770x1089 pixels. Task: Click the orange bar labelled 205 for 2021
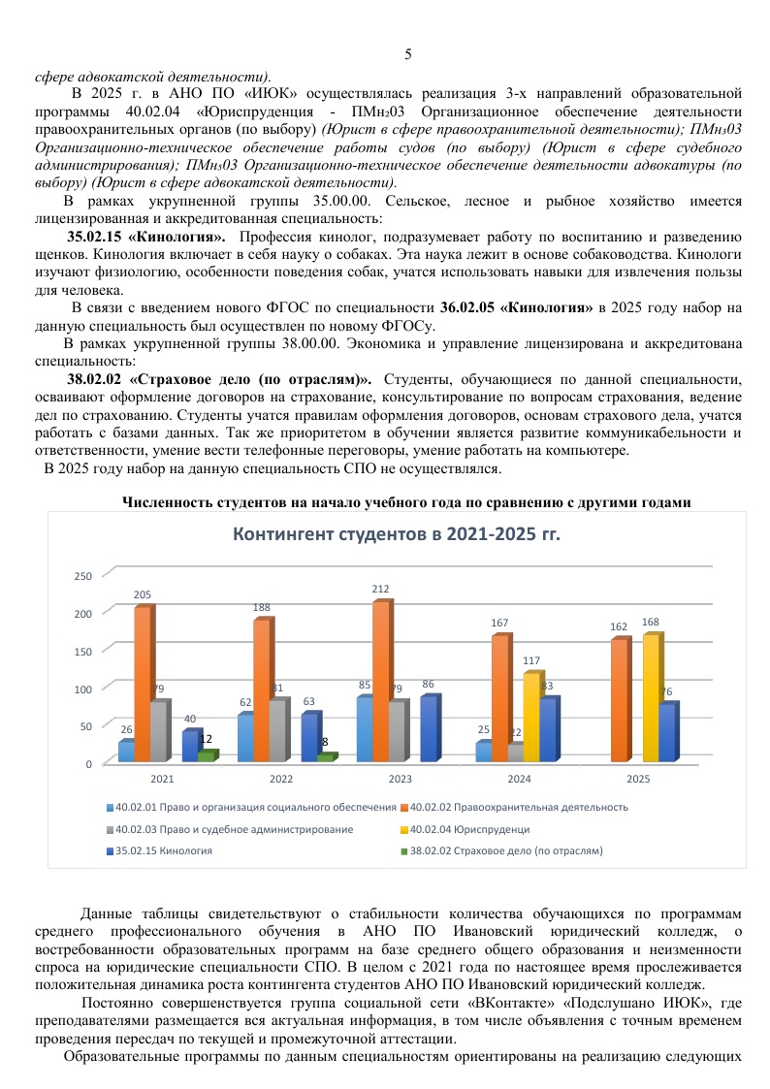coord(142,684)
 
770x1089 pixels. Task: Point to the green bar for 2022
coord(325,757)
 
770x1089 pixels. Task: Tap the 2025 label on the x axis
coord(638,779)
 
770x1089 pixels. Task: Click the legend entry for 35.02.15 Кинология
coord(160,850)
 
